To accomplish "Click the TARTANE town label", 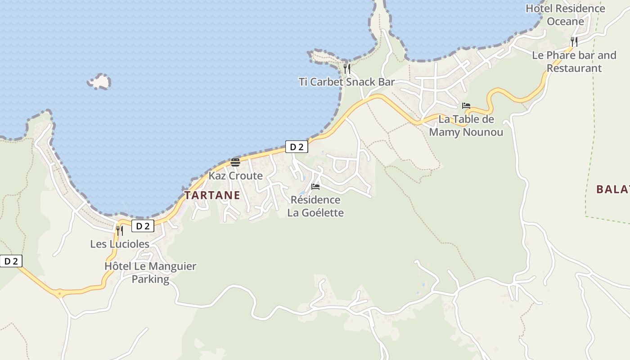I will pyautogui.click(x=212, y=195).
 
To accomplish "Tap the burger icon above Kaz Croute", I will pyautogui.click(x=235, y=162).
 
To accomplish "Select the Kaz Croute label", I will pyautogui.click(x=235, y=176).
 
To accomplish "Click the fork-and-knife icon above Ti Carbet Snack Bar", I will pyautogui.click(x=347, y=69).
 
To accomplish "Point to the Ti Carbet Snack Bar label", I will pyautogui.click(x=346, y=82).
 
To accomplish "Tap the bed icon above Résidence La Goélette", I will pyautogui.click(x=315, y=187).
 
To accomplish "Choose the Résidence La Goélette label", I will pyautogui.click(x=315, y=206).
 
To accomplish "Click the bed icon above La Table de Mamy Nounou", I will pyautogui.click(x=466, y=106).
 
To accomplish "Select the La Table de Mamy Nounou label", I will pyautogui.click(x=466, y=126).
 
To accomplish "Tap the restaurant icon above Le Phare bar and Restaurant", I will pyautogui.click(x=574, y=42).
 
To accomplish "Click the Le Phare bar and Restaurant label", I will pyautogui.click(x=574, y=62).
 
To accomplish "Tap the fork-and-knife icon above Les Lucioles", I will pyautogui.click(x=120, y=231).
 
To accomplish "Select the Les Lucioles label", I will pyautogui.click(x=120, y=244).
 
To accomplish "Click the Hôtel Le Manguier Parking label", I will pyautogui.click(x=150, y=273).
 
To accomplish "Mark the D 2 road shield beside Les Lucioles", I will pyautogui.click(x=143, y=226).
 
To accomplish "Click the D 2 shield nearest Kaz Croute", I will pyautogui.click(x=297, y=147).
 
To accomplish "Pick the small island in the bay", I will pyautogui.click(x=99, y=82).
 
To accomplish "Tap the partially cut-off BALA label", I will pyautogui.click(x=612, y=189).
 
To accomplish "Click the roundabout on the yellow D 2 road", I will pyautogui.click(x=59, y=293).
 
